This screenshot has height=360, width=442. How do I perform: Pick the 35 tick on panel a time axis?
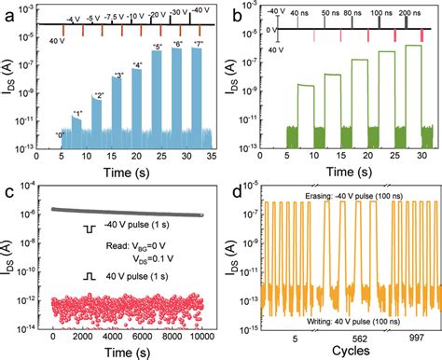point(215,159)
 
